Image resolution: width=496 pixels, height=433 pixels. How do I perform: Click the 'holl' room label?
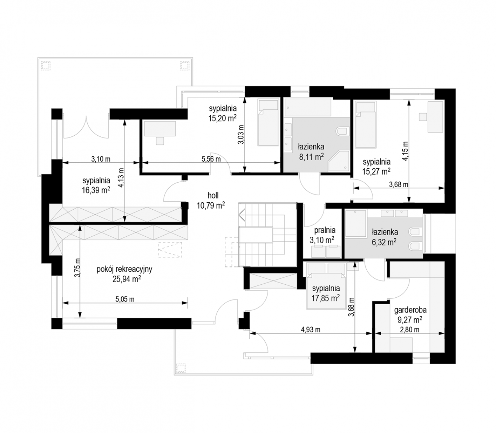(x=213, y=195)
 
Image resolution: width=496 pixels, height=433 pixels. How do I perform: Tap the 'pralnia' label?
(x=325, y=230)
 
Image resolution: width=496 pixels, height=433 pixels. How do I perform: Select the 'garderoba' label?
(x=410, y=310)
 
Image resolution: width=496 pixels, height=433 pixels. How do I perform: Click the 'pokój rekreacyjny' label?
(x=125, y=269)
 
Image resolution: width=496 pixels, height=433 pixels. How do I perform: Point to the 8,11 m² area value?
(x=311, y=157)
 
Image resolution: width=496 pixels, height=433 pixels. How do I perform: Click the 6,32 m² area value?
(x=384, y=242)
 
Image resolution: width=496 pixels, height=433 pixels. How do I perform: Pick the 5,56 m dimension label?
(x=211, y=159)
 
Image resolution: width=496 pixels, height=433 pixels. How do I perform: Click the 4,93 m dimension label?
(x=310, y=329)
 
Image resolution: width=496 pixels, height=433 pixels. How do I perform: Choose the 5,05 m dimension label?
(x=125, y=299)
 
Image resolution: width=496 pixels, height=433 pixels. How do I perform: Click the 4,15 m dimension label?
(x=405, y=151)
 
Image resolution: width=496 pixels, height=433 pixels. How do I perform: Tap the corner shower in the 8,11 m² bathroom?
(x=339, y=161)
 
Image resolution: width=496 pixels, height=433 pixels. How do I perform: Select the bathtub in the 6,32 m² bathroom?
(x=355, y=223)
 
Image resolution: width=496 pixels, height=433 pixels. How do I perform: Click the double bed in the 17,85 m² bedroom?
(x=326, y=285)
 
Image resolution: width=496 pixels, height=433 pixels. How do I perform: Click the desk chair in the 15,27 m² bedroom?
(x=423, y=117)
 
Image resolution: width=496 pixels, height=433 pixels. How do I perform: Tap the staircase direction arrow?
(x=242, y=215)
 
